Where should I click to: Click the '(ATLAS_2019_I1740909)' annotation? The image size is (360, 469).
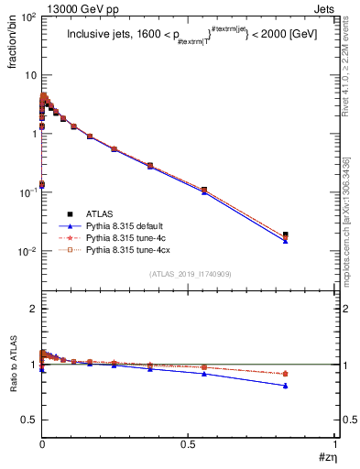pyautogui.click(x=189, y=274)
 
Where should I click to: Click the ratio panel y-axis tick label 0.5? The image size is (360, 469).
pyautogui.click(x=28, y=420)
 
